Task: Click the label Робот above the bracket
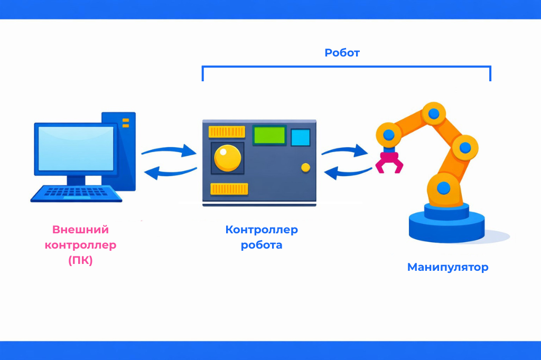pos(342,53)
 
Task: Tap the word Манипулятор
pos(447,267)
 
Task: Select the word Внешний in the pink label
pos(80,230)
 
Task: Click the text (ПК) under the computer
pos(80,261)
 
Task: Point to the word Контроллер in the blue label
pos(262,230)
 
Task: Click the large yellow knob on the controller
pos(227,157)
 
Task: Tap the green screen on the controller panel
pos(269,136)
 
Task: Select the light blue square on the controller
pos(301,137)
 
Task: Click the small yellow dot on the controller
pos(305,167)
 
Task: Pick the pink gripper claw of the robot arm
pos(389,161)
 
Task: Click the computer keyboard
pos(77,194)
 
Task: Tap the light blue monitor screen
pos(74,148)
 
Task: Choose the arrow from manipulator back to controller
pos(348,172)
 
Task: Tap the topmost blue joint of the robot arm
pos(434,112)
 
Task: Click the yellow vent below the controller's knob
pos(229,188)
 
